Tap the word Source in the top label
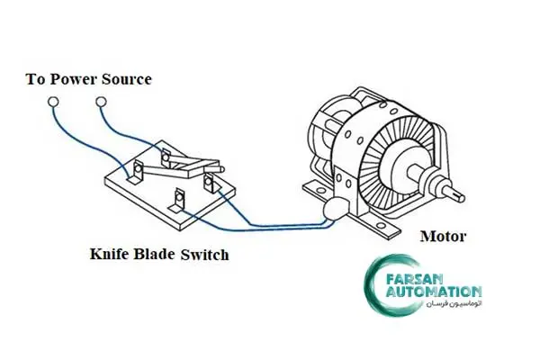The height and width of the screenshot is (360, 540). [126, 79]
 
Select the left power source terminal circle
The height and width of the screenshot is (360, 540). [53, 102]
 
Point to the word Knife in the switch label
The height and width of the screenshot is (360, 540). [110, 255]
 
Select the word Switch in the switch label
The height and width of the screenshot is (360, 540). [204, 255]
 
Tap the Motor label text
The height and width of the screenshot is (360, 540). [443, 237]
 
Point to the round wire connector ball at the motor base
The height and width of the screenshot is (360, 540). [330, 211]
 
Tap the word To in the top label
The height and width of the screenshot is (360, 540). [36, 79]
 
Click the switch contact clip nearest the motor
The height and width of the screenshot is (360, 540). [211, 183]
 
